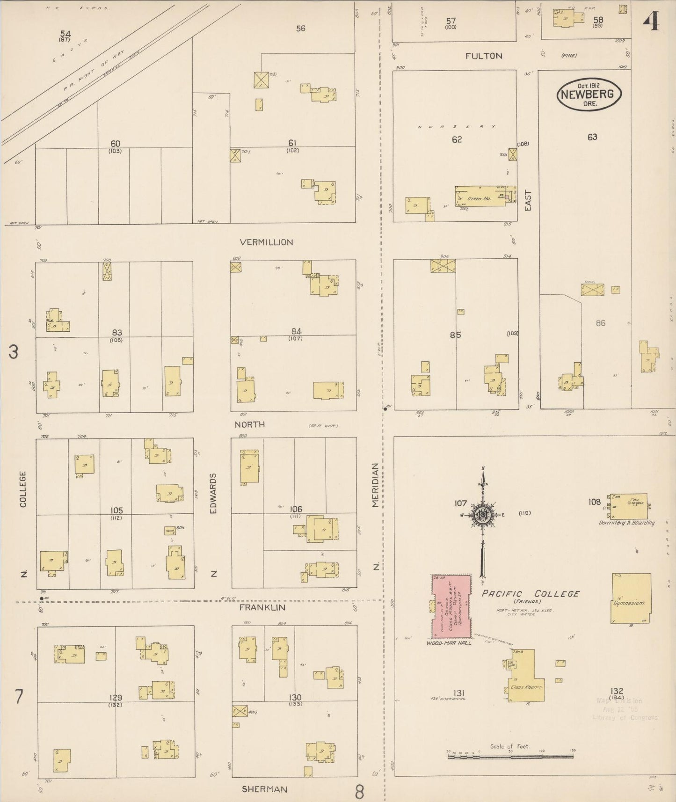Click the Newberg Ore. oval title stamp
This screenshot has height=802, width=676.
tap(589, 94)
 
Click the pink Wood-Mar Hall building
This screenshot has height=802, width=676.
tap(451, 606)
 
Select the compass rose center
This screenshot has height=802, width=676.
tap(482, 515)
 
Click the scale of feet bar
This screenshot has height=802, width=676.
tap(510, 756)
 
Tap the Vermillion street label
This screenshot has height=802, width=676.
tap(266, 242)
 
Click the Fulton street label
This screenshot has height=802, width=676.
tap(484, 56)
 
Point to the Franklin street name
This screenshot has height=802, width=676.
tap(262, 607)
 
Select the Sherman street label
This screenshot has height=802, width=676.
tap(264, 789)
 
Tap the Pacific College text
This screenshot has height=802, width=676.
tap(530, 593)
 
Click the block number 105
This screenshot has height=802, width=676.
tap(116, 510)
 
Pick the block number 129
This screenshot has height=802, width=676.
tap(115, 698)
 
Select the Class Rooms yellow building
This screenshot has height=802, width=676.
tap(526, 678)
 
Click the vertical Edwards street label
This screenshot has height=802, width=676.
tap(213, 493)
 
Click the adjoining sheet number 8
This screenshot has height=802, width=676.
tap(359, 792)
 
